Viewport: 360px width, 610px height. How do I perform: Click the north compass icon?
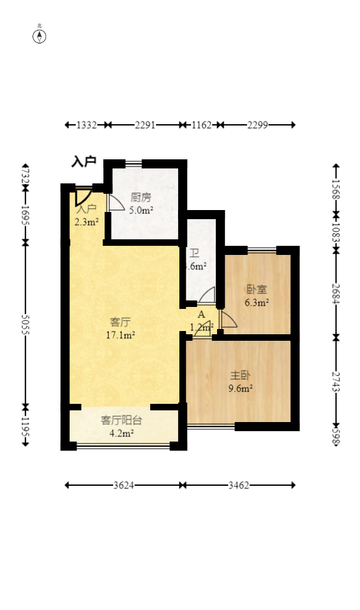pos(40,36)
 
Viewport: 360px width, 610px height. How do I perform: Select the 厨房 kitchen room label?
pos(141,198)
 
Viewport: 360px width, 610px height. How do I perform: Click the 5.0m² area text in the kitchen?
pos(141,210)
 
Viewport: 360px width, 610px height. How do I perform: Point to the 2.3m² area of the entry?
pos(86,222)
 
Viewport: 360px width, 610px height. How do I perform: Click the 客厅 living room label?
pos(120,322)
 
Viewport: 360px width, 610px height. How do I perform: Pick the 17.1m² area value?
pos(120,335)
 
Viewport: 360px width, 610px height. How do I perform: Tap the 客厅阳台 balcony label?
pos(122,420)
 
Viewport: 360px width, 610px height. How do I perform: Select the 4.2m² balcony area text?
pos(122,433)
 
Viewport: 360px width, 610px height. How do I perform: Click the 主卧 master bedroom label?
pos(240,376)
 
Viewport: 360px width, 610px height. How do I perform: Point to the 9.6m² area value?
pos(240,389)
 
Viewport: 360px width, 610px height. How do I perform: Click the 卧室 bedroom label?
pos(257,289)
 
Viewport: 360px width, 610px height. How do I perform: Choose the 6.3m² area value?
pos(257,302)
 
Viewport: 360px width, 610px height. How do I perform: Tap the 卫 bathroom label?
pos(194,253)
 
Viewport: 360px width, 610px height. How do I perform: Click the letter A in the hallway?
pos(201,315)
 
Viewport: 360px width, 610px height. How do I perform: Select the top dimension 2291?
pos(145,125)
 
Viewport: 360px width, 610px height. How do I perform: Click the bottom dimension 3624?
pos(123,485)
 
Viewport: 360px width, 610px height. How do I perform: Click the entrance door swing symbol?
pos(83,196)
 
